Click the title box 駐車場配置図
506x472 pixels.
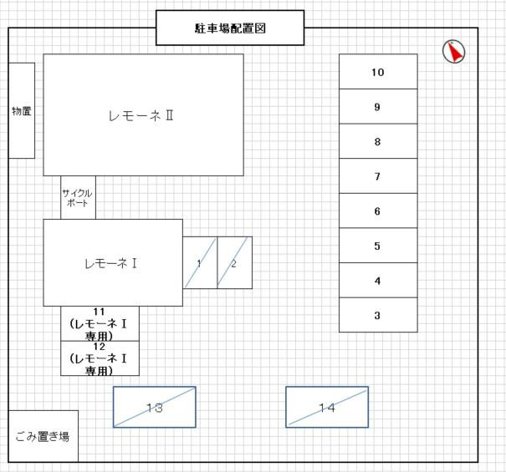point(230,28)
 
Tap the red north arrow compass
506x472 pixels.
point(453,52)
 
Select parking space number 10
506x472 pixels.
point(378,72)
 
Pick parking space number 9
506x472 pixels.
point(378,106)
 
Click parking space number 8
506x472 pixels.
point(378,141)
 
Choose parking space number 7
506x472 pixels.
point(378,176)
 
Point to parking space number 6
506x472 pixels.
point(378,211)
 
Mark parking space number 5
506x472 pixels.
point(378,246)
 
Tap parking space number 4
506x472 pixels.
point(378,280)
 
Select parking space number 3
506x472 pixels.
point(378,315)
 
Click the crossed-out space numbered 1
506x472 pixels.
point(200,263)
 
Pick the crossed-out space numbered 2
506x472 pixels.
point(235,263)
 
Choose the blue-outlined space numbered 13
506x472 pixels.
point(155,407)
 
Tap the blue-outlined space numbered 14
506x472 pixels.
point(327,407)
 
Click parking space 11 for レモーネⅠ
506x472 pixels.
point(100,323)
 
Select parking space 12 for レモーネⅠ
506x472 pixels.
point(100,358)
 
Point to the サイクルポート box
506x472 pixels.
point(78,198)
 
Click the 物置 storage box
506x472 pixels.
point(22,110)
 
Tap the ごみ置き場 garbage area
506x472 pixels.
point(43,436)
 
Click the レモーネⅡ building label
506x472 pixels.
point(141,116)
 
